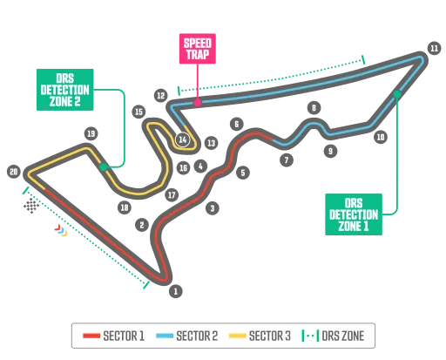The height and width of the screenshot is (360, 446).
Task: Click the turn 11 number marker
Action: point(433,48)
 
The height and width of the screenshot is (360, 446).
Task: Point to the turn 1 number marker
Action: point(176,291)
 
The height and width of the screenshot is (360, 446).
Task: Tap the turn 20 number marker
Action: point(13,172)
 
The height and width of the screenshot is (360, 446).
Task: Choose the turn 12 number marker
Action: point(161,95)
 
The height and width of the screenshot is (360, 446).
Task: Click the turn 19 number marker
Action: point(90,133)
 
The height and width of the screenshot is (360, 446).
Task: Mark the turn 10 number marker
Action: point(380,137)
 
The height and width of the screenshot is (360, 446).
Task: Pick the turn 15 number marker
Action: point(139,112)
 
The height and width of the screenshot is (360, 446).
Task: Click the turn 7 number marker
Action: point(286,160)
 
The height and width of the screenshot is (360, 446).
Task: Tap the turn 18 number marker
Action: point(125,207)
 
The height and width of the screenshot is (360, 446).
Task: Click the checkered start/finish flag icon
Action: point(32,206)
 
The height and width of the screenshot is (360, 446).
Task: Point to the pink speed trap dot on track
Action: point(199,103)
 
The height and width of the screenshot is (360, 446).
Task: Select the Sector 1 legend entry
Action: point(113,335)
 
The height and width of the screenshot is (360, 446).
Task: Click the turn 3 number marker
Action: point(212,208)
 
